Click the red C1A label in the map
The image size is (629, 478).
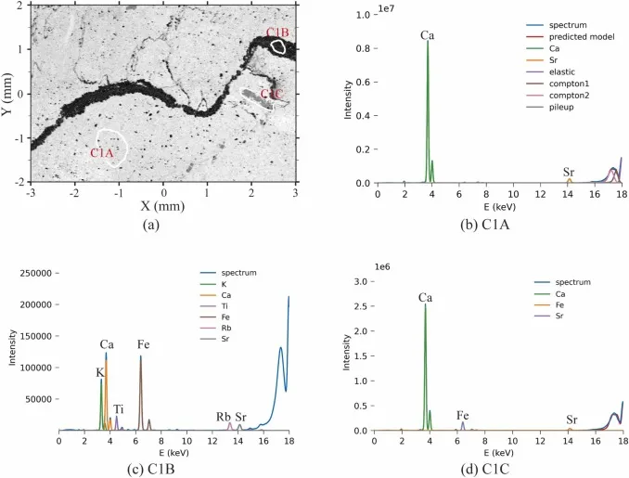tap(102, 153)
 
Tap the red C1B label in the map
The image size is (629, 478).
tap(277, 32)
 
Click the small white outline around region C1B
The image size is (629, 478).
tap(277, 46)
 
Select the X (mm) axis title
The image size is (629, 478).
tap(162, 206)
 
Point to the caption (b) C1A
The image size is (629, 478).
tap(485, 226)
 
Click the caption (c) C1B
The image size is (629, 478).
tap(150, 469)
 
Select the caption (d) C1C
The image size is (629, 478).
tap(484, 469)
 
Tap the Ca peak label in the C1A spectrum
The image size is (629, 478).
tap(428, 35)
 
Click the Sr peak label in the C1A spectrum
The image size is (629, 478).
tap(569, 173)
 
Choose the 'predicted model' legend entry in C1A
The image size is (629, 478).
tap(570, 37)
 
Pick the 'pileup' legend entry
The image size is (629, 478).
tap(550, 107)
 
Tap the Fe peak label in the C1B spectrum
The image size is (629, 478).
tap(143, 344)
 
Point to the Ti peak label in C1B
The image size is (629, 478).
tap(118, 409)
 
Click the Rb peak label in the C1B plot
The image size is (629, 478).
tap(224, 417)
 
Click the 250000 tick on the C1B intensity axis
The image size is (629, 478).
tap(35, 273)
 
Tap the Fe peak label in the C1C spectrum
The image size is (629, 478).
tap(463, 416)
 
